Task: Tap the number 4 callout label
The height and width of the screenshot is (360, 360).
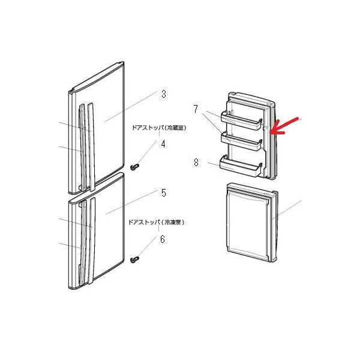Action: click(x=163, y=144)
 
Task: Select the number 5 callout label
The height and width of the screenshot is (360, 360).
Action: click(x=163, y=193)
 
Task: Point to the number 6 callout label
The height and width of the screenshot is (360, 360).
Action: click(x=161, y=239)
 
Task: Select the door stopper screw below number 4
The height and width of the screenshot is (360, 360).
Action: click(x=135, y=163)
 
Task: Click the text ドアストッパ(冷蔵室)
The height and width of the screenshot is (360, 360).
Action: click(x=157, y=127)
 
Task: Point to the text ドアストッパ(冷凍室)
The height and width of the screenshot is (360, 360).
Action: click(x=156, y=222)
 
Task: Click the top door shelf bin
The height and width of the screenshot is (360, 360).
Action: click(x=243, y=119)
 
